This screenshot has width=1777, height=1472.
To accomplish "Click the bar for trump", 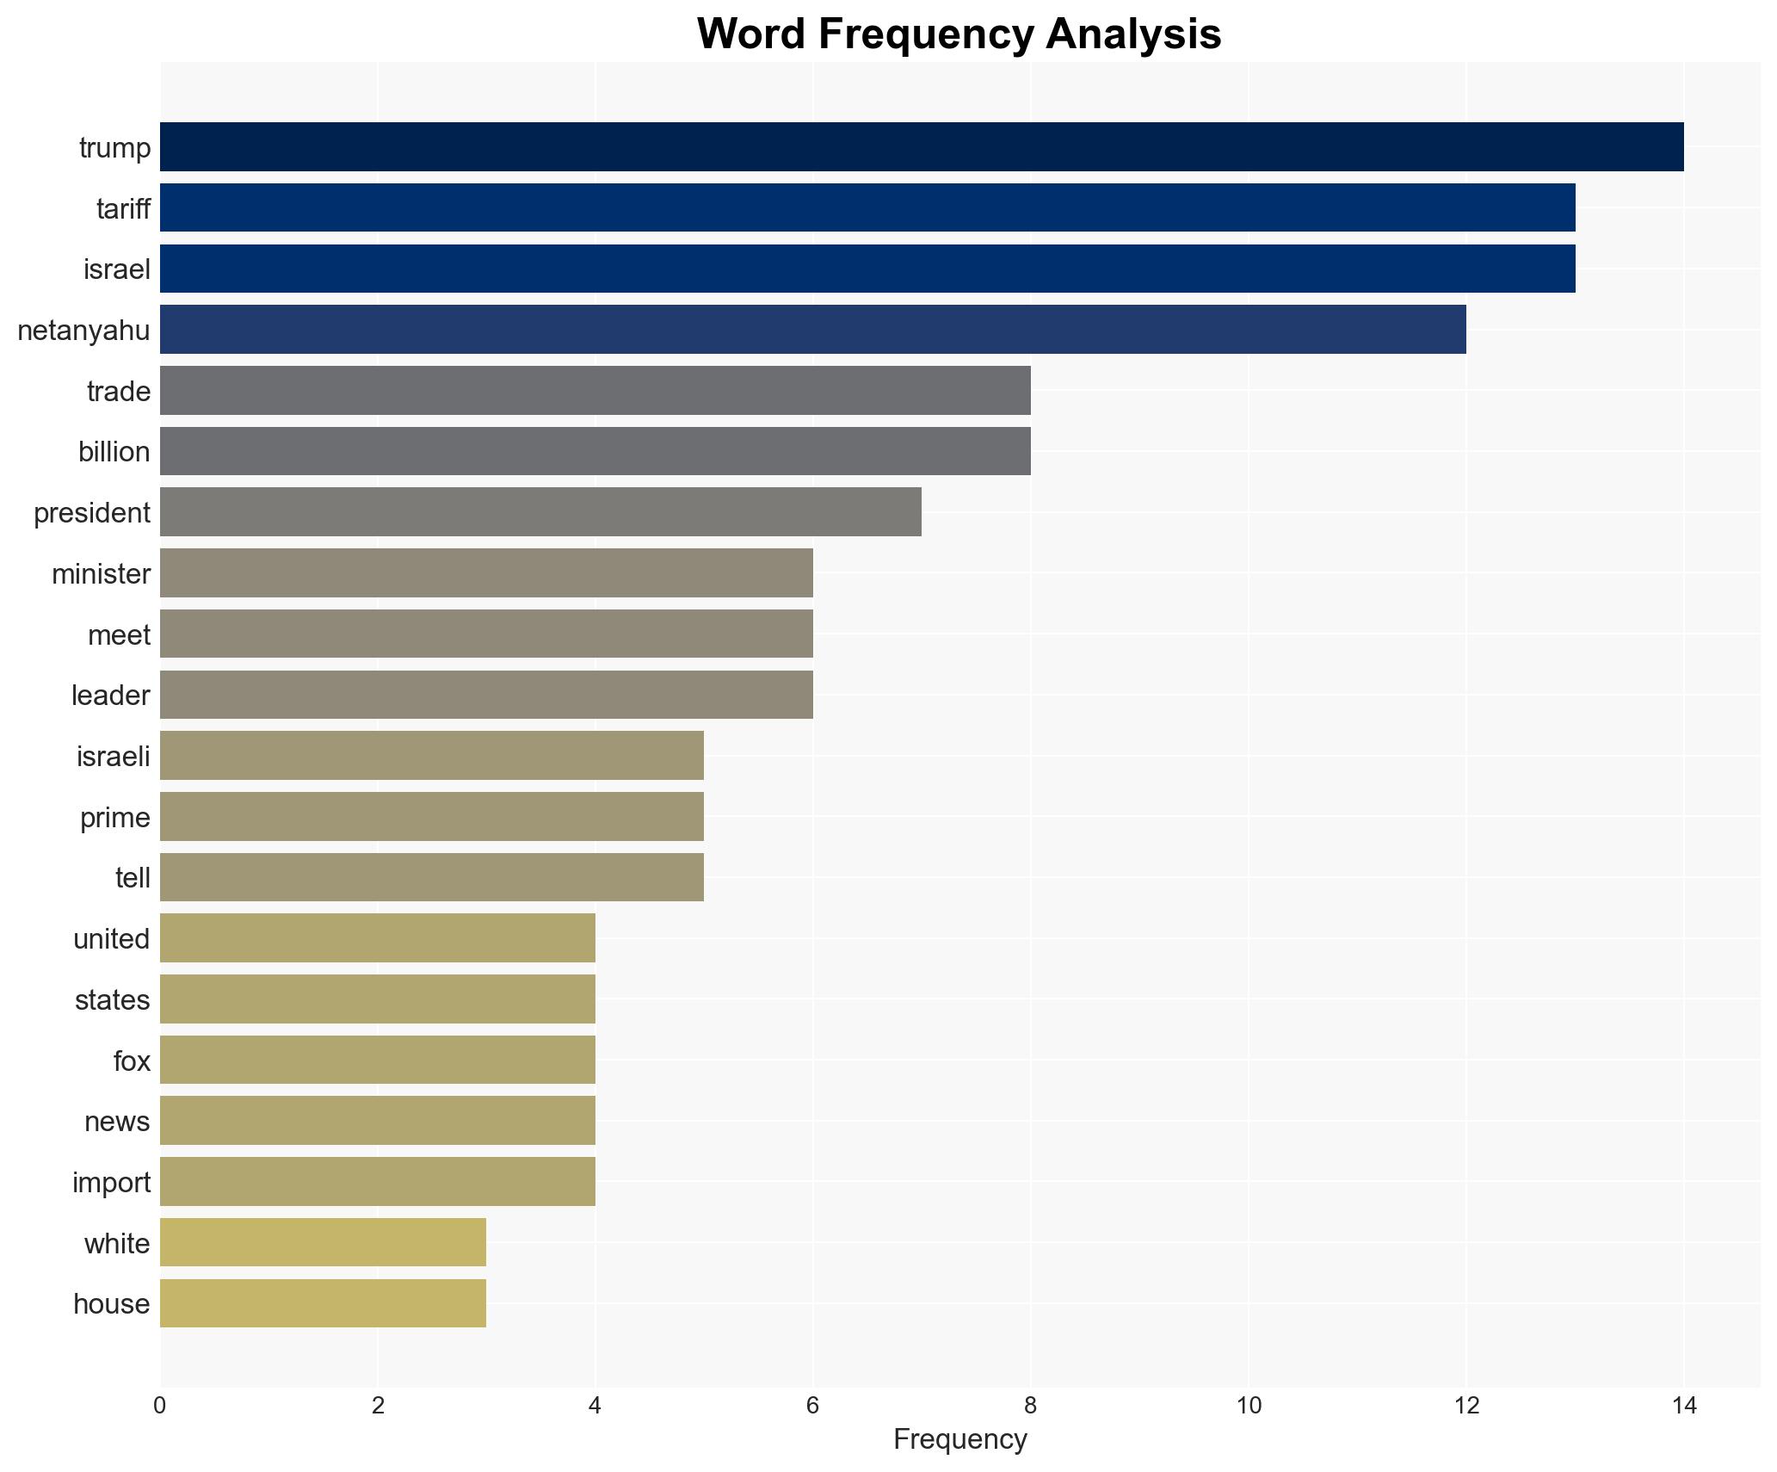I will coord(921,147).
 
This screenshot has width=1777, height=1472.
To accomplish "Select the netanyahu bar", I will coord(812,330).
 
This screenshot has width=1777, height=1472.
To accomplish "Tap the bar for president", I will coord(540,512).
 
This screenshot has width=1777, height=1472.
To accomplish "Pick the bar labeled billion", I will coord(595,451).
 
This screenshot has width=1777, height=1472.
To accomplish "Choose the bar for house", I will coord(323,1303).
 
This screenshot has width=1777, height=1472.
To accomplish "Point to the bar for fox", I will coord(377,1060).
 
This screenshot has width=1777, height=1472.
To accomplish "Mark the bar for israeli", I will coord(431,756).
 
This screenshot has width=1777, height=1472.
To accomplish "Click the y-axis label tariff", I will coord(123,208).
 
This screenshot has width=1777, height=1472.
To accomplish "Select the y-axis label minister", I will coord(101,573).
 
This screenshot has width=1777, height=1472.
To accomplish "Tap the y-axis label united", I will coord(111,938).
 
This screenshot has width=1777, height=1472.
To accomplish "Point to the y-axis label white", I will coord(116,1243).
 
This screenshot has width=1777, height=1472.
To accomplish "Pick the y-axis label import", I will coord(111,1182).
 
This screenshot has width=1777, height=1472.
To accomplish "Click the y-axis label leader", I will coord(110,695).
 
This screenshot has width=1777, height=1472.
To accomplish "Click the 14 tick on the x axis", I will coord(1683,1406).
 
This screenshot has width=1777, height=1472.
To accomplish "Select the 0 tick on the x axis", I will coord(160,1406).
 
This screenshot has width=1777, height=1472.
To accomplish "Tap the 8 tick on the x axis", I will coord(1030,1406).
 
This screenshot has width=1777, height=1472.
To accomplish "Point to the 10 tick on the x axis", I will coord(1248,1406).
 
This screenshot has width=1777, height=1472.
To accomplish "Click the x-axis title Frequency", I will coord(959,1439).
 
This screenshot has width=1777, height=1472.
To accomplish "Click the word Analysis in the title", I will coord(1133,34).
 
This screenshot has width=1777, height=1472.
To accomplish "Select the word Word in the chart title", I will coord(750,34).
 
